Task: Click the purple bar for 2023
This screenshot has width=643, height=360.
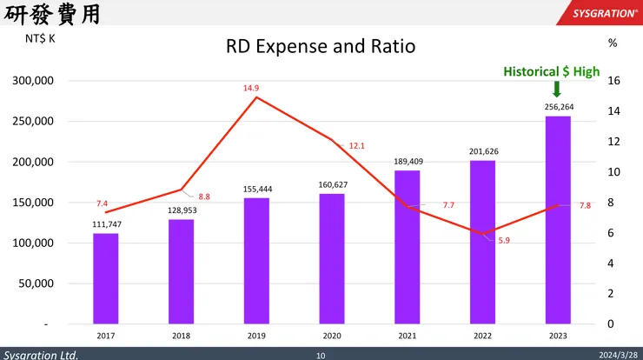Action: [558, 219]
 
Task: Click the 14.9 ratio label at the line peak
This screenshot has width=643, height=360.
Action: [251, 88]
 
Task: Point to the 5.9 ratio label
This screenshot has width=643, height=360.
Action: [504, 240]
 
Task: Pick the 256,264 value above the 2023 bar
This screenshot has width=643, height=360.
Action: [559, 107]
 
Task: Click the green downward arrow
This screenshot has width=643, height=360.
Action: [557, 90]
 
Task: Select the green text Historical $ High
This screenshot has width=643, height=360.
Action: [551, 71]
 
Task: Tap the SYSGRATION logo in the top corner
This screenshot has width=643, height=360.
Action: [603, 13]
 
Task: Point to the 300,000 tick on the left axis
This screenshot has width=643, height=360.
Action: [35, 81]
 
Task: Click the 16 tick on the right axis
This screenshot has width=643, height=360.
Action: [613, 81]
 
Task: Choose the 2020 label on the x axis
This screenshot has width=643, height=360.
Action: [332, 335]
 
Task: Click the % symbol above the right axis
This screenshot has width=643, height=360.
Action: [613, 42]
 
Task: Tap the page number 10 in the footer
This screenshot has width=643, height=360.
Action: [321, 355]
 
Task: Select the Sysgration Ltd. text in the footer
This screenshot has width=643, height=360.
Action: [41, 355]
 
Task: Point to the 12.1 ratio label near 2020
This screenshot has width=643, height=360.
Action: [357, 146]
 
